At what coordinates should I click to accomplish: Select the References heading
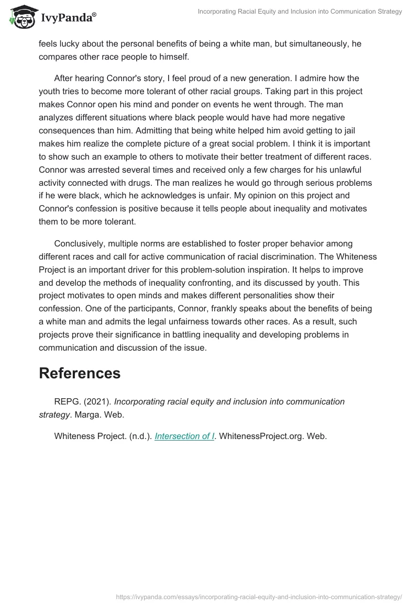[x=80, y=373]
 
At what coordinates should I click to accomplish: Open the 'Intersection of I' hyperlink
[x=184, y=436]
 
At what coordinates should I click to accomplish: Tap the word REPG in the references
[x=66, y=401]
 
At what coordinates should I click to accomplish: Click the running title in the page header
[x=300, y=12]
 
